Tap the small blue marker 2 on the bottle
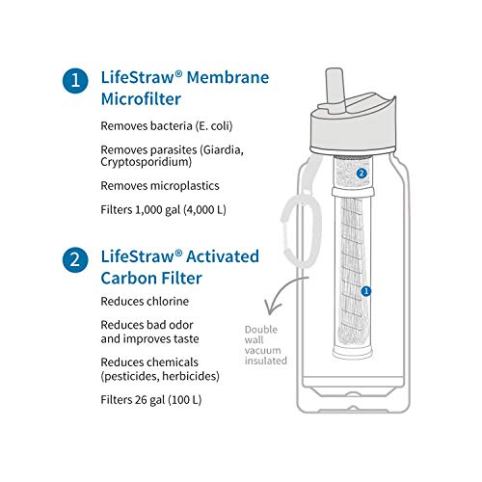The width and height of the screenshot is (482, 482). coord(361,173)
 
